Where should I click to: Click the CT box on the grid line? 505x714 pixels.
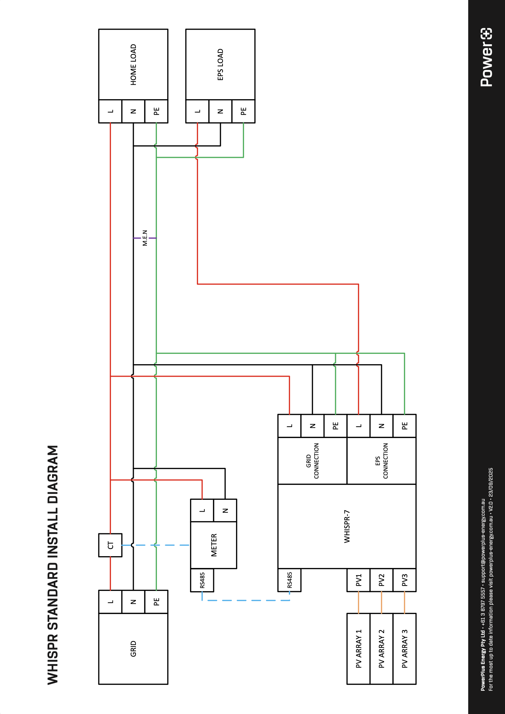[110, 545]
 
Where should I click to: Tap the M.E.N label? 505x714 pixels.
[145, 238]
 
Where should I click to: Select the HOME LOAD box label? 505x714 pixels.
[133, 65]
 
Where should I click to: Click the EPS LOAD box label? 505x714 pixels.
[220, 65]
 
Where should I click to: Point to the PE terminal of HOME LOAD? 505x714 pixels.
[156, 111]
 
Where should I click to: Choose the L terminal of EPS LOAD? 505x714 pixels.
[198, 111]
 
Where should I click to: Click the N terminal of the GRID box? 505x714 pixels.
[133, 602]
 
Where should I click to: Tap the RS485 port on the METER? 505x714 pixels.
[202, 580]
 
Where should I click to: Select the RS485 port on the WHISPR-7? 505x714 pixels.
[290, 580]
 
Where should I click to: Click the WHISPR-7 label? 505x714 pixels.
[347, 527]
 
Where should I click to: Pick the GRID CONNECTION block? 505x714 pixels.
[312, 461]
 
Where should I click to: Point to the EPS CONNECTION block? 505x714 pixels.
[381, 461]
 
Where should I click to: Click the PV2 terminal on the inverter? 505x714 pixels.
[382, 580]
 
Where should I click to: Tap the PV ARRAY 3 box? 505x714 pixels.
[404, 649]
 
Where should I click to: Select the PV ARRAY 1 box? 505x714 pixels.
[358, 649]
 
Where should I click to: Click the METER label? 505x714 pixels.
[214, 545]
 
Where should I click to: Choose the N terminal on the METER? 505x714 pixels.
[225, 511]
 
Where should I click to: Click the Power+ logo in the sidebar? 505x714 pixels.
[486, 57]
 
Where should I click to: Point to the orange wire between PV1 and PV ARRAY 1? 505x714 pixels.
[358, 603]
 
